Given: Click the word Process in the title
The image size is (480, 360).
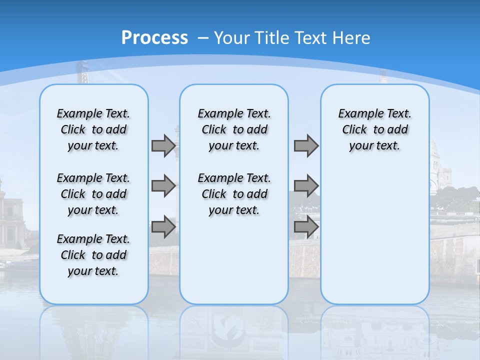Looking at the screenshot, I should tap(154, 38).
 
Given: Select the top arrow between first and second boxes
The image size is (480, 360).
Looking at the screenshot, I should tap(163, 146).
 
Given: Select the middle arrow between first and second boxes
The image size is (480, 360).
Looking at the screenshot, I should tap(163, 186).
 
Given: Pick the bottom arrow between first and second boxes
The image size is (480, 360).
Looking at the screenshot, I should tap(163, 227).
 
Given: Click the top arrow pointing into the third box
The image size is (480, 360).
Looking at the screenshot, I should tap(305, 146).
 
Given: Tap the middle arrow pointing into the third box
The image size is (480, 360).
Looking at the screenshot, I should tap(305, 186).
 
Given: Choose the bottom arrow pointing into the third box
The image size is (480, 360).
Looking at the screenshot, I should tap(305, 227).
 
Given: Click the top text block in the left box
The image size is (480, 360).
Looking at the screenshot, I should tap(93, 129).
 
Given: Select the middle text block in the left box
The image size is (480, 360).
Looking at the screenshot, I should tap(93, 194).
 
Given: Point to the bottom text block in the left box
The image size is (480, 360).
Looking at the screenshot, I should tap(93, 255).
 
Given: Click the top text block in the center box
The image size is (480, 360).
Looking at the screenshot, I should tap(234, 129).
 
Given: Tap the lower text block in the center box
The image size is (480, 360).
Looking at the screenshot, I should tap(234, 194).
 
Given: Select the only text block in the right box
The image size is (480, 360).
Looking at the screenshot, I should tap(374, 129).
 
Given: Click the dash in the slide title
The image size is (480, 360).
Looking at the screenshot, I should tap(202, 38).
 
